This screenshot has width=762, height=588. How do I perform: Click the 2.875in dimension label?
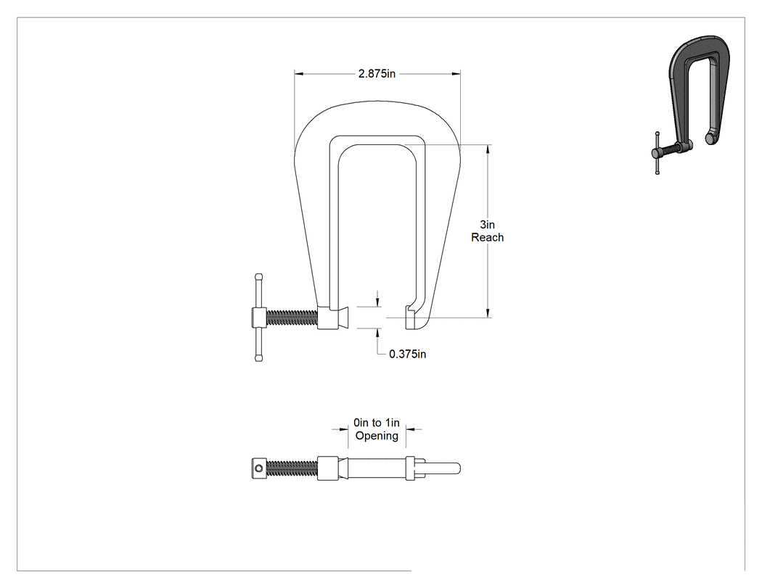(377, 74)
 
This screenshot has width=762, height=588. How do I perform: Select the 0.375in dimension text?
(407, 355)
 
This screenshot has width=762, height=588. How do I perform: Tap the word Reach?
(488, 237)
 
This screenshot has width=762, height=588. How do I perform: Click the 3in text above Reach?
(488, 225)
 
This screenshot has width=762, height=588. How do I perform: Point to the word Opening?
(377, 436)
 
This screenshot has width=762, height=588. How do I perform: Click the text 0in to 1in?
(377, 423)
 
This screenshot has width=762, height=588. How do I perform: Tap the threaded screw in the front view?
(292, 318)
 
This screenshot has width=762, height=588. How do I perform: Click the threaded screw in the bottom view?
(292, 468)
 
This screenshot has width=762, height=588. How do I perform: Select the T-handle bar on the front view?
(258, 318)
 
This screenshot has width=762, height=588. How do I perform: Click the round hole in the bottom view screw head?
(258, 468)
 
